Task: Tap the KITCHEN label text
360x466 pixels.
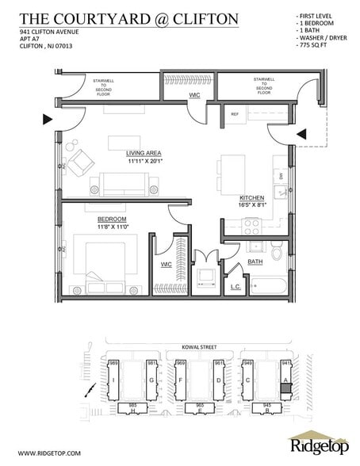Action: (x=253, y=198)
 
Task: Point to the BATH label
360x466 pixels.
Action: (x=255, y=261)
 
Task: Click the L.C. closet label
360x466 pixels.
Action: (x=236, y=285)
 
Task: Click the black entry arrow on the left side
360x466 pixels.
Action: (x=47, y=120)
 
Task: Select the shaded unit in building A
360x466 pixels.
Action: (x=286, y=388)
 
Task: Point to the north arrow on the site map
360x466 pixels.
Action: (x=94, y=392)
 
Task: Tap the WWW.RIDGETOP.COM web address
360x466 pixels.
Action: (x=47, y=453)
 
